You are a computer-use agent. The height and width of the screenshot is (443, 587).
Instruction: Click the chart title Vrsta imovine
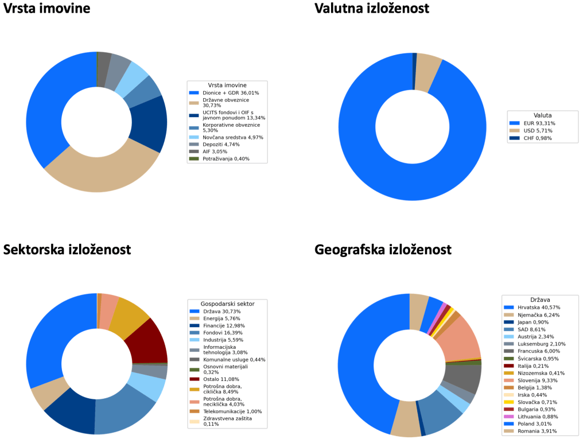[x=46, y=8]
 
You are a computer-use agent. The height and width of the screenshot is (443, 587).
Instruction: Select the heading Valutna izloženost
[x=372, y=8]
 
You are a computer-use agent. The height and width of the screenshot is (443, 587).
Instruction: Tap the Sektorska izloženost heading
[x=67, y=250]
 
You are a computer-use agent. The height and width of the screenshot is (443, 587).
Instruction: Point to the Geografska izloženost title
[x=383, y=250]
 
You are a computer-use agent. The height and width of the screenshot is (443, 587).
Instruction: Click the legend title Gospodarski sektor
[x=227, y=304]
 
